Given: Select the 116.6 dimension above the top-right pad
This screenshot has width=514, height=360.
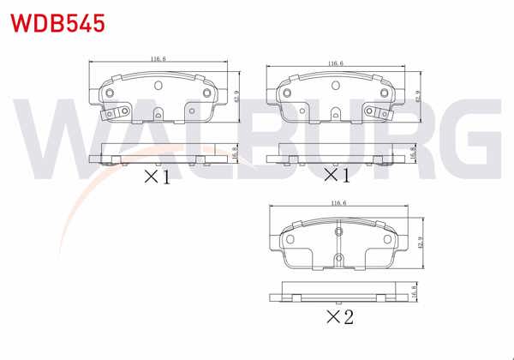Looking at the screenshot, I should (335, 63).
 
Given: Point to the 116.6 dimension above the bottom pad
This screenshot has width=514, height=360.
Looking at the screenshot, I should (338, 203).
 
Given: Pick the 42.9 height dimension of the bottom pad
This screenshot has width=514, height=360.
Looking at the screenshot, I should (419, 242).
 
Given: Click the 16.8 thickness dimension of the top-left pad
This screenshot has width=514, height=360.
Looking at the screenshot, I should (236, 152).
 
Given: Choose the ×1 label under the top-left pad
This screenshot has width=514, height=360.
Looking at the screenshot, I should (157, 177).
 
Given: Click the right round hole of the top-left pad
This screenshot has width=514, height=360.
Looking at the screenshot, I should (206, 92).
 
